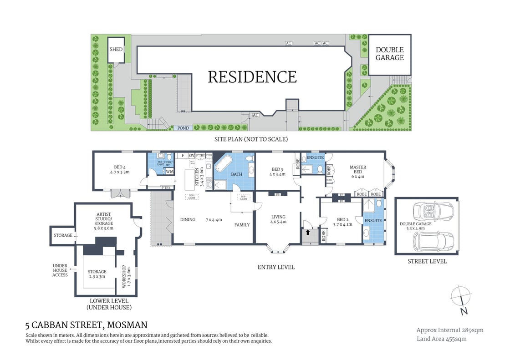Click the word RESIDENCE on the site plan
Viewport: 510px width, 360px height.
point(252,76)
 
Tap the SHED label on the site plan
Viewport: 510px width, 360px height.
point(116,49)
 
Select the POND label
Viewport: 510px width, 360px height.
point(183,128)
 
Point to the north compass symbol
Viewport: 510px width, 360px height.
point(462,300)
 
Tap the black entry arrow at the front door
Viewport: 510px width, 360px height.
point(308,232)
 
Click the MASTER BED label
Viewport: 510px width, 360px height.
point(358,170)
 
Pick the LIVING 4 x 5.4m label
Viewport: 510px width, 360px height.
point(277,219)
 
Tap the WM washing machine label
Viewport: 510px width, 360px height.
point(169,171)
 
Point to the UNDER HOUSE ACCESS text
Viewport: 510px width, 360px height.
point(60,270)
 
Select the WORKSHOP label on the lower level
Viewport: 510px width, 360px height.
point(123,278)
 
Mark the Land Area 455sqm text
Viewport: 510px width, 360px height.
point(441,339)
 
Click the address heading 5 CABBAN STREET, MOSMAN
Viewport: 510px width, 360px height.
point(87,325)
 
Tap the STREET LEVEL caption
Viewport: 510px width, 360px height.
point(427,261)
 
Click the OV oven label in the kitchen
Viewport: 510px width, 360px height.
point(192,155)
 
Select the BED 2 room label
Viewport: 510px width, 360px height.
point(343,221)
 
